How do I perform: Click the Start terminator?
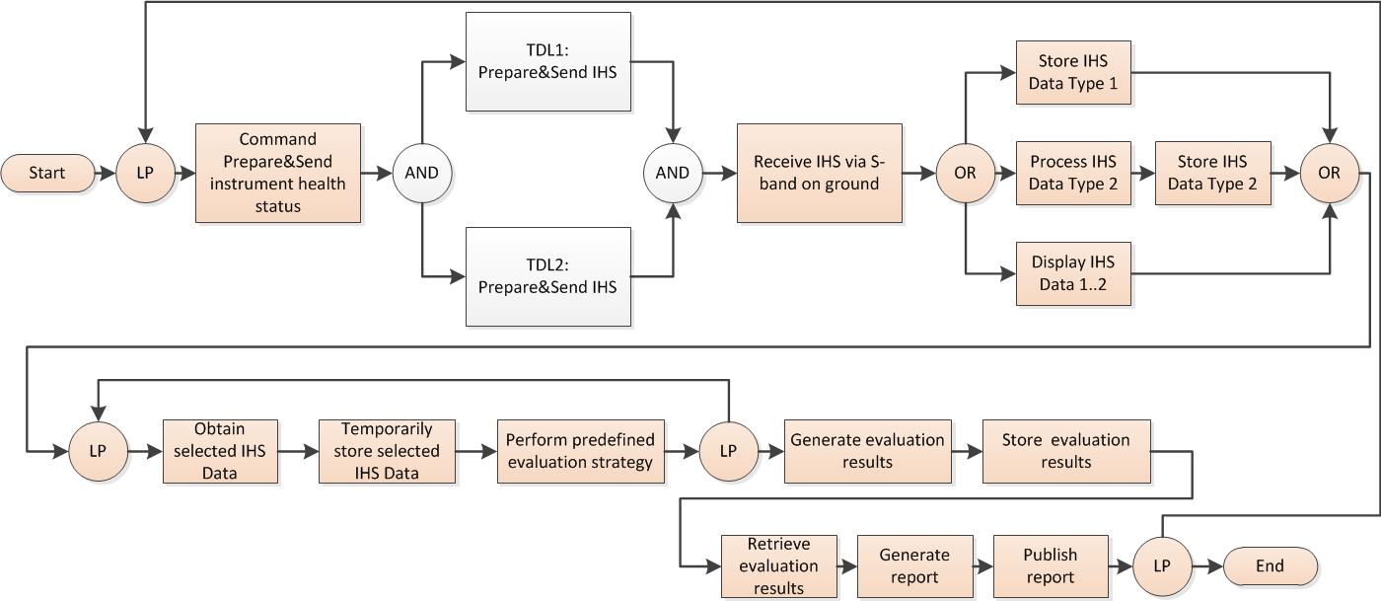coord(46,173)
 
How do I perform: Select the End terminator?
coord(1270,565)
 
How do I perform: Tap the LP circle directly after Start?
coord(145,173)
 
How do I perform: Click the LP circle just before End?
coord(1161,565)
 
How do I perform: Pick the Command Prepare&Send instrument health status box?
coord(278,173)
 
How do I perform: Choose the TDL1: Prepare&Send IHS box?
coord(547,61)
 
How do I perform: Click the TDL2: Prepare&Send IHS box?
coord(547,276)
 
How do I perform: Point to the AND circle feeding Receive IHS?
coord(673,173)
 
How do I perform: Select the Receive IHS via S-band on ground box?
coord(820,173)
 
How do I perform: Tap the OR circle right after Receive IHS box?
coord(964,173)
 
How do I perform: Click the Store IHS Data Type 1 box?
coord(1073,73)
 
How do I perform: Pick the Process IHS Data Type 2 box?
coord(1073,173)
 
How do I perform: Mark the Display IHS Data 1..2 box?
coord(1073,273)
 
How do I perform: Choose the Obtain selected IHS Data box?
coord(220,451)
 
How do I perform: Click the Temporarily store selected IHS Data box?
coord(387,451)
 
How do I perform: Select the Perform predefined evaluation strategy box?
coord(580,451)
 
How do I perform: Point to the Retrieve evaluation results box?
coord(778,566)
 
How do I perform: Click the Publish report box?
coord(1051,566)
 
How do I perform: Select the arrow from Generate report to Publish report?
coord(983,566)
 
